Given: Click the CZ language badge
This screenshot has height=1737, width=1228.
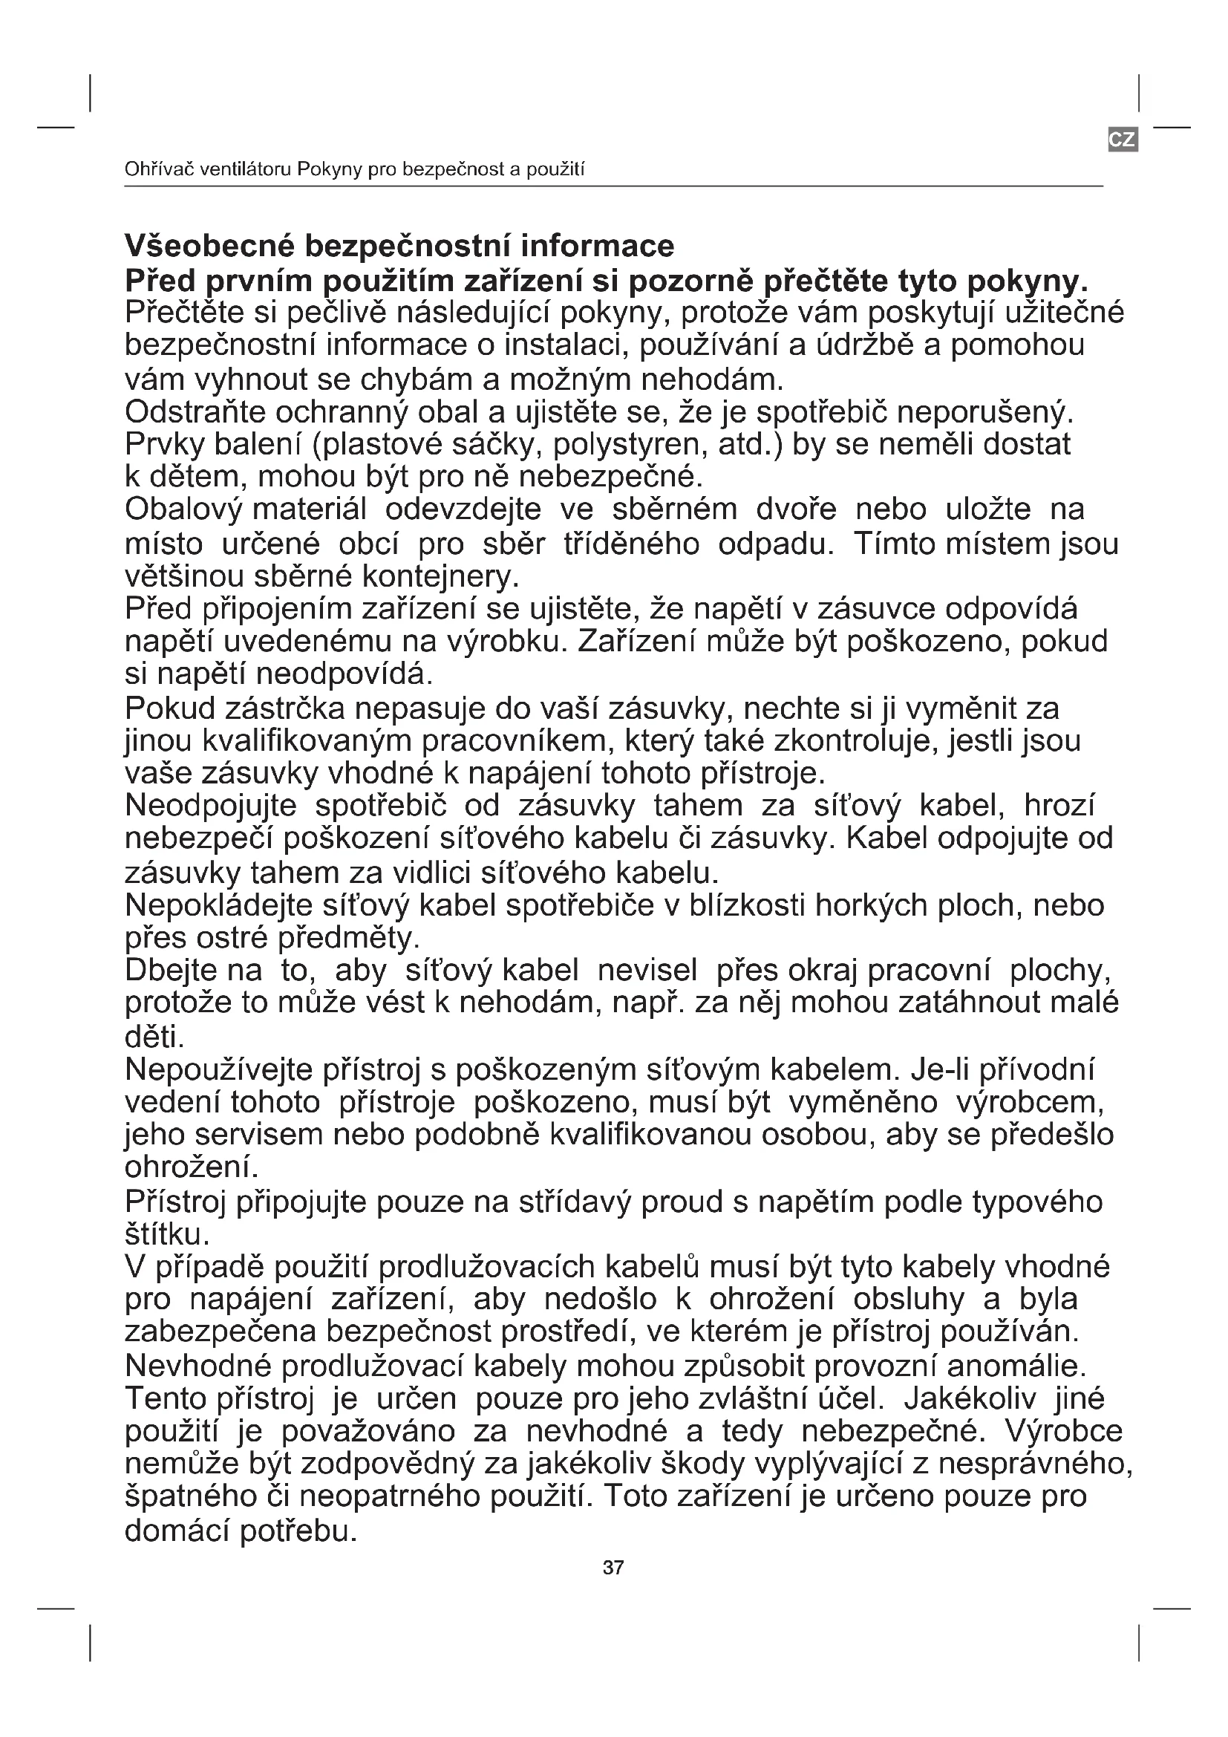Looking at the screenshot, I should click(x=1122, y=139).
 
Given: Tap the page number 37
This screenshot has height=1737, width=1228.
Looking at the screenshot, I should click(x=613, y=1568).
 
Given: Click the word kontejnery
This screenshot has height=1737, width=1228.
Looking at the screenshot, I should click(x=440, y=576).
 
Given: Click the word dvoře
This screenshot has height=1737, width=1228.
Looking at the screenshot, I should click(x=795, y=509).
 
